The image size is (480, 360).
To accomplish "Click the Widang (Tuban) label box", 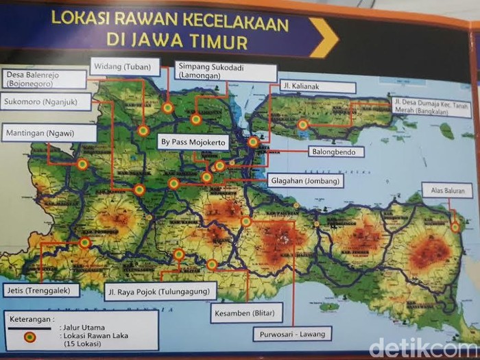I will click(124, 67).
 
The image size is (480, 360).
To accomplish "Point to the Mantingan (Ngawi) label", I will click(48, 132).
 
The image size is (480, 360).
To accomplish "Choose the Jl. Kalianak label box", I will click(317, 87).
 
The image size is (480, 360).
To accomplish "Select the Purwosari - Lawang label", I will click(292, 335).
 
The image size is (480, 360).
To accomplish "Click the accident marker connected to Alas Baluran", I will click(455, 227).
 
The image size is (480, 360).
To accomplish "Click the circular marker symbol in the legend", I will click(29, 337).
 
